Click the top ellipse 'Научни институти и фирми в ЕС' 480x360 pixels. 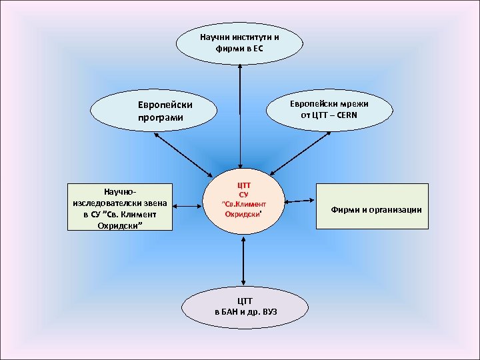click(x=239, y=43)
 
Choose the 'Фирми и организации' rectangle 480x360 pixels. click(x=372, y=207)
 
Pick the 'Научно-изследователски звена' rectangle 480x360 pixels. click(x=120, y=207)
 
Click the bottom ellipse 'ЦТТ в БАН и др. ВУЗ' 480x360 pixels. click(x=245, y=306)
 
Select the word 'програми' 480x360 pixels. click(x=161, y=118)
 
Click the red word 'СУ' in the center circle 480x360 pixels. click(x=243, y=194)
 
